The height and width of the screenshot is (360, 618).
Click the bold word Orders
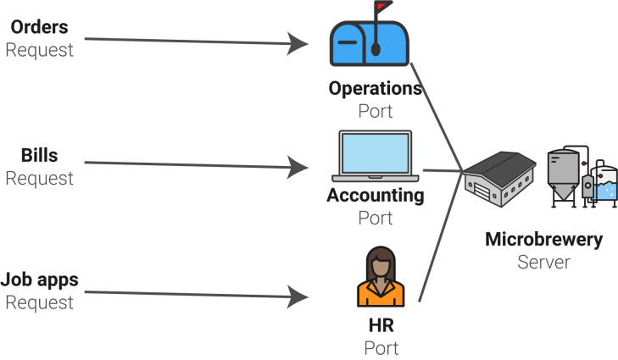pyautogui.click(x=39, y=27)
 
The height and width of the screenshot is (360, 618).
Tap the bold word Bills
pyautogui.click(x=39, y=155)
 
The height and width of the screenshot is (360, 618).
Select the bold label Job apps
pyautogui.click(x=39, y=280)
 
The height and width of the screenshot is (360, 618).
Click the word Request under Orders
pyautogui.click(x=39, y=50)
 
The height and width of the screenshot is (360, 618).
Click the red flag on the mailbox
pyautogui.click(x=382, y=6)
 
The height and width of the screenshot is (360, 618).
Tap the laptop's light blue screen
pyautogui.click(x=376, y=153)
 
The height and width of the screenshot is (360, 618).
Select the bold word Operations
pyautogui.click(x=376, y=89)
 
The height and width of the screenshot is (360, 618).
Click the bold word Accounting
pyautogui.click(x=376, y=196)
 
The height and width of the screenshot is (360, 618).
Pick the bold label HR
pyautogui.click(x=381, y=326)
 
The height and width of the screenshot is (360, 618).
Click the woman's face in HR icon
pyautogui.click(x=381, y=269)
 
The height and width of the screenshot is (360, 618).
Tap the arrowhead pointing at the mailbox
pyautogui.click(x=298, y=43)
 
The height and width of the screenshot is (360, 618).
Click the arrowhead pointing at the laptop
pyautogui.click(x=298, y=168)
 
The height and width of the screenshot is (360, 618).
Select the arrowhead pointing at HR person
pyautogui.click(x=298, y=296)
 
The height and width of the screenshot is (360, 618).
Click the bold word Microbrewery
pyautogui.click(x=544, y=240)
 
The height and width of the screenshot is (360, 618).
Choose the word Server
pyautogui.click(x=544, y=263)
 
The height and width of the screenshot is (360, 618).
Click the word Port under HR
pyautogui.click(x=381, y=348)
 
